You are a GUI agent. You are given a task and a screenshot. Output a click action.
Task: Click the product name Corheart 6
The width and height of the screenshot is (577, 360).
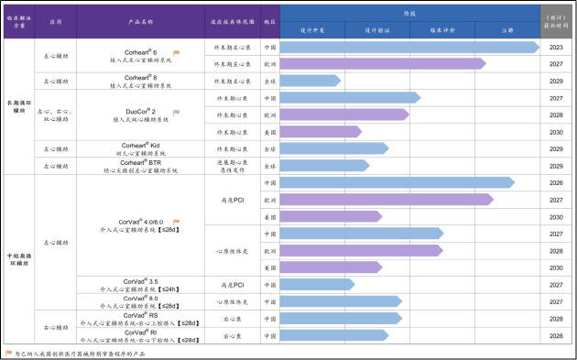click(140, 53)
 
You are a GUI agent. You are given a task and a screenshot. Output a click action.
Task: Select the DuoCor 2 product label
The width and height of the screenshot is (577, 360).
click(140, 112)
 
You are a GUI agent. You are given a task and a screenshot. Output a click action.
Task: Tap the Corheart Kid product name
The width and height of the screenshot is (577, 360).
click(140, 145)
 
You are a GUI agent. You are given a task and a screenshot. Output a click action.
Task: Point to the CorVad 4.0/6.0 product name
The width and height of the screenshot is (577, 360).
click(140, 221)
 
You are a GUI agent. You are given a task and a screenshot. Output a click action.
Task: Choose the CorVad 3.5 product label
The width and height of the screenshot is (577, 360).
click(140, 281)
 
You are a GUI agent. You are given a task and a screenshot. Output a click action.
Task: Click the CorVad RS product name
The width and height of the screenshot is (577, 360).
click(140, 314)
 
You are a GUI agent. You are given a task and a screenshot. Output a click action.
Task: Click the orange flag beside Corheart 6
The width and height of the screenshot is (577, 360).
click(176, 53)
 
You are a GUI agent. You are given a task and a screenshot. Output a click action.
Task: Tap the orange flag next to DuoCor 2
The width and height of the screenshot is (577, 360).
click(176, 112)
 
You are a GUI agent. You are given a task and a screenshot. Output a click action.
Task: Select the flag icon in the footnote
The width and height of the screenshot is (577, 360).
click(9, 352)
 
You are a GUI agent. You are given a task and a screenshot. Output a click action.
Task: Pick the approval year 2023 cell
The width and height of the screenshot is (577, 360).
click(555, 47)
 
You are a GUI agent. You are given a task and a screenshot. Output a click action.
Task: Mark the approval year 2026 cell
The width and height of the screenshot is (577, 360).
click(555, 182)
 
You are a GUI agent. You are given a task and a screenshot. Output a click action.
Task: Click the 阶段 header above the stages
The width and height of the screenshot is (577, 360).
click(409, 14)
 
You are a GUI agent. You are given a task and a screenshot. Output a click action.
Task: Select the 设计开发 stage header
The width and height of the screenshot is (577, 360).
click(312, 30)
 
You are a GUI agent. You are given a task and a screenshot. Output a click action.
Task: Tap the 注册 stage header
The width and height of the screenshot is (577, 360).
click(507, 30)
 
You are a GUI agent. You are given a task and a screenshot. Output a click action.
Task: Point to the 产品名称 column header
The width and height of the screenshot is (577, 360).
click(140, 20)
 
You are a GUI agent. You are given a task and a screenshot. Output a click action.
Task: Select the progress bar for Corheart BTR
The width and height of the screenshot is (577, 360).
click(323, 166)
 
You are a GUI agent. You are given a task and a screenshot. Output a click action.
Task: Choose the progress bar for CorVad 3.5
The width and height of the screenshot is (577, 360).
click(317, 284)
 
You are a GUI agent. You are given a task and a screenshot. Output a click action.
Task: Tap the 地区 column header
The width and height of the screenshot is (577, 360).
click(270, 20)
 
